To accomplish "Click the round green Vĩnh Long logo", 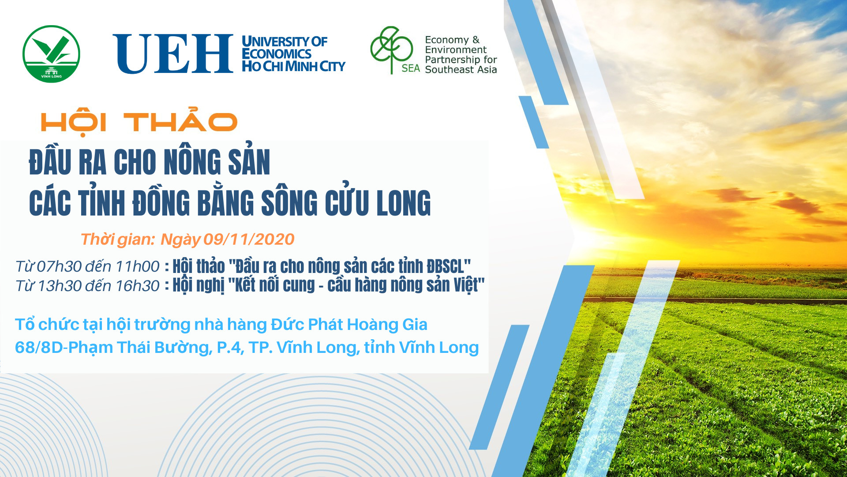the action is (x=51, y=54).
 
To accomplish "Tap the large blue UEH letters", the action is (x=173, y=53).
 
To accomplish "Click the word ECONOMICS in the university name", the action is (x=277, y=54).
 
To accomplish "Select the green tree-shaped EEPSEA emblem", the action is (x=391, y=49).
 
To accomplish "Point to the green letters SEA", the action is (x=411, y=68).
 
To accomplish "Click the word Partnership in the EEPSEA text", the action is (x=452, y=60).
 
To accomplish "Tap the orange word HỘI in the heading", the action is (x=74, y=122).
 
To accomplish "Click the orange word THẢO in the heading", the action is (x=180, y=120).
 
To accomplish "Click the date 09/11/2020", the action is (x=249, y=239).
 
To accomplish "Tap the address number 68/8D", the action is (x=39, y=347).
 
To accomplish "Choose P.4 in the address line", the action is (x=230, y=348).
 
